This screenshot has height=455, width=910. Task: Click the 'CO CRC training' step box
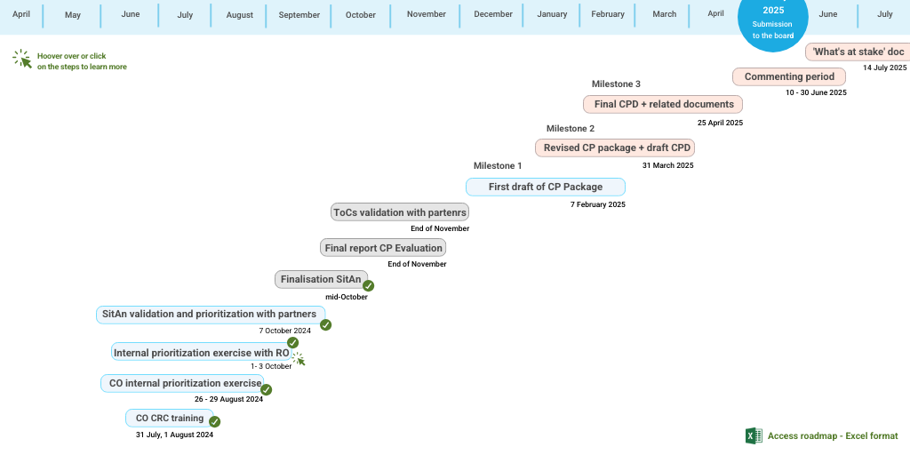click(169, 419)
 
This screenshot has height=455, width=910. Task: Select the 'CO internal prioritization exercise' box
click(182, 383)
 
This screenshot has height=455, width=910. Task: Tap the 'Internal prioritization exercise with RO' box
click(201, 353)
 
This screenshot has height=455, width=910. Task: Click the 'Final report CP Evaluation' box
click(383, 248)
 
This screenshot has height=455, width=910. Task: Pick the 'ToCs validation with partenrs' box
click(399, 212)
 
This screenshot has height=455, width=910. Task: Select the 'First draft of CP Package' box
click(545, 187)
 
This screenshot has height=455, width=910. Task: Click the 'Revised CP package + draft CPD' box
click(615, 148)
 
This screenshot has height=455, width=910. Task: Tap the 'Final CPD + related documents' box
click(664, 104)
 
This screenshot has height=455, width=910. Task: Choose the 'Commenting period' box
click(789, 76)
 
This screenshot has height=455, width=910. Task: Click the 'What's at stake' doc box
click(858, 52)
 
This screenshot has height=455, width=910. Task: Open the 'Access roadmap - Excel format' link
click(833, 436)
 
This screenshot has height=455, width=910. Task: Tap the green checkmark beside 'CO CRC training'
click(214, 421)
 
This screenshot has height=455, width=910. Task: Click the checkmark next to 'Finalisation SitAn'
click(368, 286)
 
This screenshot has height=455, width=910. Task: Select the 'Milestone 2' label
click(571, 129)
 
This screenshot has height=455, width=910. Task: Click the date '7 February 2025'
click(597, 204)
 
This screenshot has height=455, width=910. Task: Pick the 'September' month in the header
click(299, 14)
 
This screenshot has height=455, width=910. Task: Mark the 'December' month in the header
click(493, 14)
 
